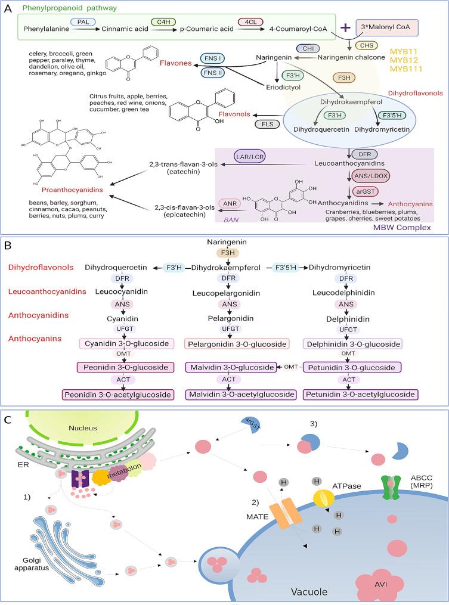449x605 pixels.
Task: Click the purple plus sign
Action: [344, 27]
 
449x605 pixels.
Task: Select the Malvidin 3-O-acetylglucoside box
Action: [241, 394]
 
